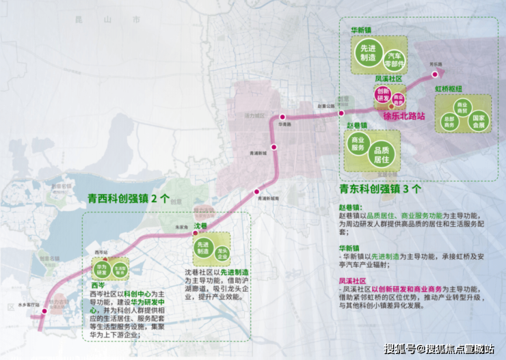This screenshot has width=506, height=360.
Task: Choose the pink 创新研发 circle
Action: (382, 96)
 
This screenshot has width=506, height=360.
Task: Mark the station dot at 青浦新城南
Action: (257, 192)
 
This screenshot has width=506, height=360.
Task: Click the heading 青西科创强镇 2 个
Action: (128, 199)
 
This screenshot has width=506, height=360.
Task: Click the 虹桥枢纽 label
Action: (449, 89)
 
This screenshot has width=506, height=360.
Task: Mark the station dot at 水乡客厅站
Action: (44, 311)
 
